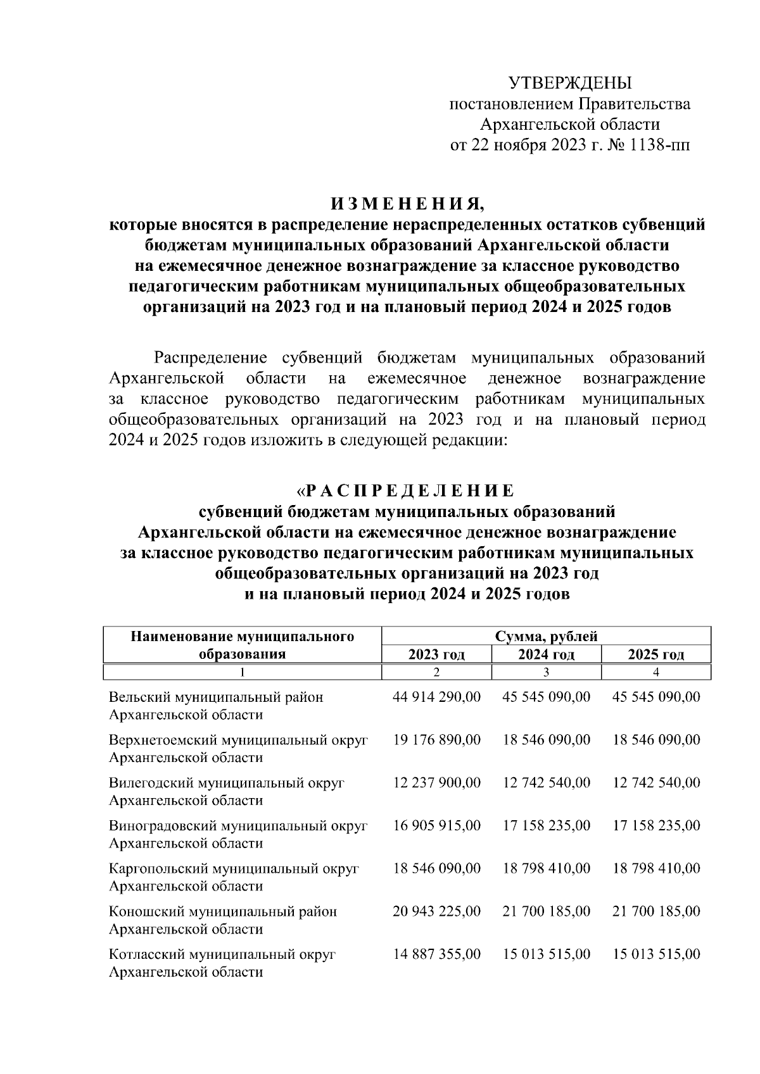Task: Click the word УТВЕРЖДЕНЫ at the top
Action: pos(571,83)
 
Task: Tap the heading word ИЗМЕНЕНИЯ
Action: pos(407,204)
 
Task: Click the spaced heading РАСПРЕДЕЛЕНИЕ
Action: pos(409,490)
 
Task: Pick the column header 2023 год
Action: pos(436,654)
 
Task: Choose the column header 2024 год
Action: pos(546,654)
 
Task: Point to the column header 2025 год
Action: pos(656,654)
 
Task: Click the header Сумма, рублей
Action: pos(546,636)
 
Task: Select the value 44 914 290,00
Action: pos(437,697)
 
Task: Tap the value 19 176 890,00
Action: pos(437,740)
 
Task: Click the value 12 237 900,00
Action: pos(437,783)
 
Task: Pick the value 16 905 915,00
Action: pos(437,825)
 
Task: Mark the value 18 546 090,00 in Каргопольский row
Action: pos(437,868)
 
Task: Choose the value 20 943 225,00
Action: pos(437,911)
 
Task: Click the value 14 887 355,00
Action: pos(437,954)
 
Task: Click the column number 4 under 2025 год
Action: pos(656,671)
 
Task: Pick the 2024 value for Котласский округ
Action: pos(547,954)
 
